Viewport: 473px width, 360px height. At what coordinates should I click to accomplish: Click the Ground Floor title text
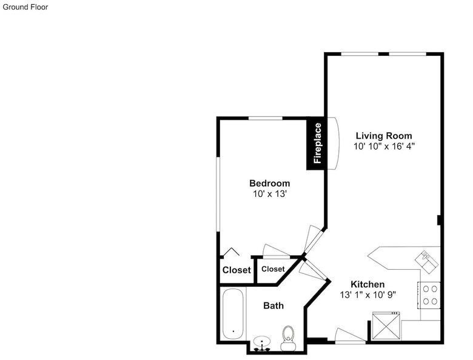pos(25,7)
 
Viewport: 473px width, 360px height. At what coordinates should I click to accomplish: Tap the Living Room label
pos(384,136)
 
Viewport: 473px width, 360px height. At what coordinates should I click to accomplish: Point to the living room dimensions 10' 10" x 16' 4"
pos(384,146)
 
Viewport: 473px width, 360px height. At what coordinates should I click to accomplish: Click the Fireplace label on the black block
pos(317,143)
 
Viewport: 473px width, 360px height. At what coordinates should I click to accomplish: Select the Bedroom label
pos(270,183)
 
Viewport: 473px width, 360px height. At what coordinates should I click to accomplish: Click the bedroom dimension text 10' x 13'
pos(270,194)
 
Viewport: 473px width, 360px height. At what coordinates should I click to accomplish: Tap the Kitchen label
pos(367,284)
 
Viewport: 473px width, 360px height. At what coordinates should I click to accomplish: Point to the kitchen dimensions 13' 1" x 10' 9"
pos(367,295)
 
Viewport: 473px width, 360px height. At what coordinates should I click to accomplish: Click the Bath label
pos(273,305)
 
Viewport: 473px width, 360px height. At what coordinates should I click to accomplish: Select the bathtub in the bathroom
pos(233,314)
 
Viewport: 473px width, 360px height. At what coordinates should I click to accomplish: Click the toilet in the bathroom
pos(288,338)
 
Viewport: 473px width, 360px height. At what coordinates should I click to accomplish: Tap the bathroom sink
pos(262,344)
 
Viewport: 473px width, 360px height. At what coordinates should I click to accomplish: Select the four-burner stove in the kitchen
pos(429,295)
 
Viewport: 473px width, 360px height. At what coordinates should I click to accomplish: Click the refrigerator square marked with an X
pos(386,326)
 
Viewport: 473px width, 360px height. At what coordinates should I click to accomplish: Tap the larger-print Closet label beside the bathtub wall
pos(236,270)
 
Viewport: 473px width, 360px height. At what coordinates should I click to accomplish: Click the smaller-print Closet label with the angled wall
pos(273,269)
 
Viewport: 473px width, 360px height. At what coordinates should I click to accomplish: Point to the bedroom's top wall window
pos(265,118)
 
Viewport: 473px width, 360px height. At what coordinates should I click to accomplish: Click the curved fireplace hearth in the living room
pos(334,144)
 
